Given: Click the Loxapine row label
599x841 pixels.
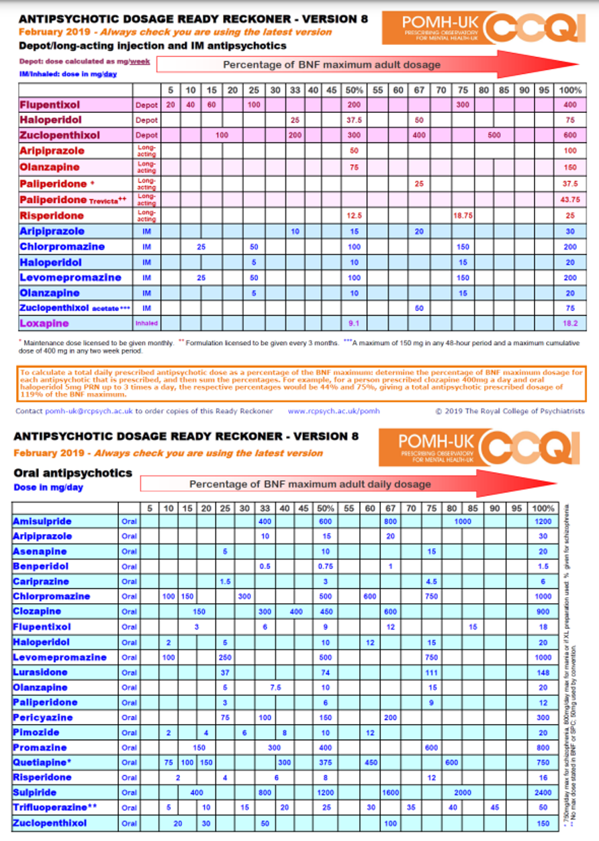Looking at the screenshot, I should (45, 323).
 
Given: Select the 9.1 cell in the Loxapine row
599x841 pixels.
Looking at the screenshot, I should (354, 323).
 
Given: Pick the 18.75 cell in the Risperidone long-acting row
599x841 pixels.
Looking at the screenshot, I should (463, 216).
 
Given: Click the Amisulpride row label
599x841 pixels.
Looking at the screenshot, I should (42, 521).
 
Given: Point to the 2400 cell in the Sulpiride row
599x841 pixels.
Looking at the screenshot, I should (543, 793).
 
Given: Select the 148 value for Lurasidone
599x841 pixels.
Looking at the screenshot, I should (543, 672).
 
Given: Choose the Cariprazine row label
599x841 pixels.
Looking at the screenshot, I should (41, 581).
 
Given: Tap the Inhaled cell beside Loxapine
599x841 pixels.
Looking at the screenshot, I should (147, 323).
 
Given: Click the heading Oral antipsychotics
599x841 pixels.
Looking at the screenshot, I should (73, 473).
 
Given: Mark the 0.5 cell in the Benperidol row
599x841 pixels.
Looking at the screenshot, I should (265, 566).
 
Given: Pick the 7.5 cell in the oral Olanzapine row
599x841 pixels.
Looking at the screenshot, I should (275, 687).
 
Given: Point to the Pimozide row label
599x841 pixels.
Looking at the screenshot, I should (36, 732).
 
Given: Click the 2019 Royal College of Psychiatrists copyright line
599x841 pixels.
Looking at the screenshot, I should (509, 411).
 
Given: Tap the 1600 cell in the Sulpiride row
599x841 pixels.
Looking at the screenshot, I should (391, 793).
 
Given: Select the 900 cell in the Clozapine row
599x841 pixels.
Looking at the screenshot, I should (543, 611).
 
